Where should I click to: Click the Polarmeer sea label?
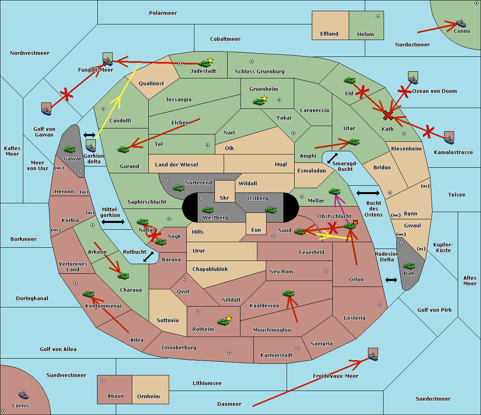[x=163, y=13]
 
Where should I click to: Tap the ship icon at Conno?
[x=461, y=23]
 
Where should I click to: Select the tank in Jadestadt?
[x=204, y=64]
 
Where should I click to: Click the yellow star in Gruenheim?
[x=264, y=98]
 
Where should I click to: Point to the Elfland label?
[x=329, y=34]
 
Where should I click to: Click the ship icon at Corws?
[x=23, y=395]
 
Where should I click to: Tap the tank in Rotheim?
[x=223, y=321]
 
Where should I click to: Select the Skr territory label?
[x=224, y=198]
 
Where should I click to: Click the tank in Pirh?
[x=409, y=266]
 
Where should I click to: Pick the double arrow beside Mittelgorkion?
[x=113, y=222]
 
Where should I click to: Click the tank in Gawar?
[x=69, y=150]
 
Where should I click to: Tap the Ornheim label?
[x=148, y=396]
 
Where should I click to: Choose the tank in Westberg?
[x=208, y=210]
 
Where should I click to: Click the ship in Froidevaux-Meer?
[x=373, y=356]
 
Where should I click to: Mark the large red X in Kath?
[x=388, y=116]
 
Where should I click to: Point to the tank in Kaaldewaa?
[x=288, y=294]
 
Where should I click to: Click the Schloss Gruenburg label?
[x=259, y=72]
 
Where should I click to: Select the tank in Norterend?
[x=178, y=188]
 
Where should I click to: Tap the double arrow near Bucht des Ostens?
[x=368, y=193]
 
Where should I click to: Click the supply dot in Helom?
[x=378, y=16]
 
